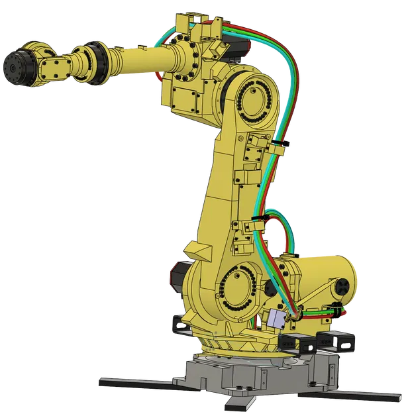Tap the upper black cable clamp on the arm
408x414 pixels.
click(280, 145)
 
